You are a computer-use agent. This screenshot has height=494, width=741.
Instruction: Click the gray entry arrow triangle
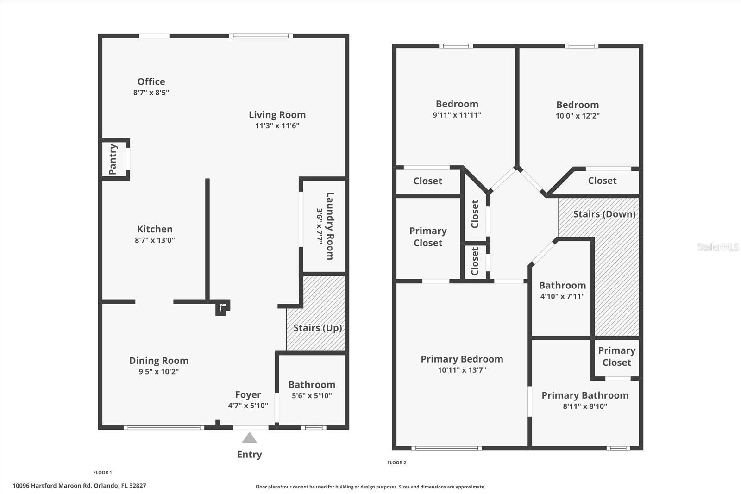coord(250,438)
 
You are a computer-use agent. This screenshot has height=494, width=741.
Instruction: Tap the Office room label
coord(151,81)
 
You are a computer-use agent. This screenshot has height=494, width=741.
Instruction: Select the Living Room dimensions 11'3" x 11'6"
coord(277,126)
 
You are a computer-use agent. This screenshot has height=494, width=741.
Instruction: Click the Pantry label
coord(113,159)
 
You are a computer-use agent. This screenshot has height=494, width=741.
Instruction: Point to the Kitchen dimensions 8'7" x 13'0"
coord(155,240)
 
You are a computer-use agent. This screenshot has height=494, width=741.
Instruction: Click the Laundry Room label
coord(330,226)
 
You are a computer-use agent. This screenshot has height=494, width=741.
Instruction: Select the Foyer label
coord(248,395)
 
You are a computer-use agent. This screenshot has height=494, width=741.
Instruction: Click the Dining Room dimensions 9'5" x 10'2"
coord(158,372)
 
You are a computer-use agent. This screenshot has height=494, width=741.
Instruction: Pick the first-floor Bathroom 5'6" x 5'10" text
coord(312,390)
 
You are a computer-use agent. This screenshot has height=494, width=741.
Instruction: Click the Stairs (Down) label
coord(604,214)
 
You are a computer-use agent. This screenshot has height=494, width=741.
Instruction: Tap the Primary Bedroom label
coord(462,359)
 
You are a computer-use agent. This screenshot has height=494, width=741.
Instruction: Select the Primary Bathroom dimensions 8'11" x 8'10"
coord(585,406)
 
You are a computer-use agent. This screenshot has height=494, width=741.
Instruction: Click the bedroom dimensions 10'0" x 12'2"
coord(578,116)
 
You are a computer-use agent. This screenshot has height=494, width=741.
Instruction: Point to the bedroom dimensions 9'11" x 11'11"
coord(457,115)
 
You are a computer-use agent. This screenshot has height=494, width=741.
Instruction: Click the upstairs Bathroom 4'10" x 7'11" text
coord(562,291)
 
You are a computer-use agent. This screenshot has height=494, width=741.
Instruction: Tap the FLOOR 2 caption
coord(396,463)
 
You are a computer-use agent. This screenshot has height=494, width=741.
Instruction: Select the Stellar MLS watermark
coord(717,247)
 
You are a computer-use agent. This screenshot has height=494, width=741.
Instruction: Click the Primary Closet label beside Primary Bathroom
coord(616,356)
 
